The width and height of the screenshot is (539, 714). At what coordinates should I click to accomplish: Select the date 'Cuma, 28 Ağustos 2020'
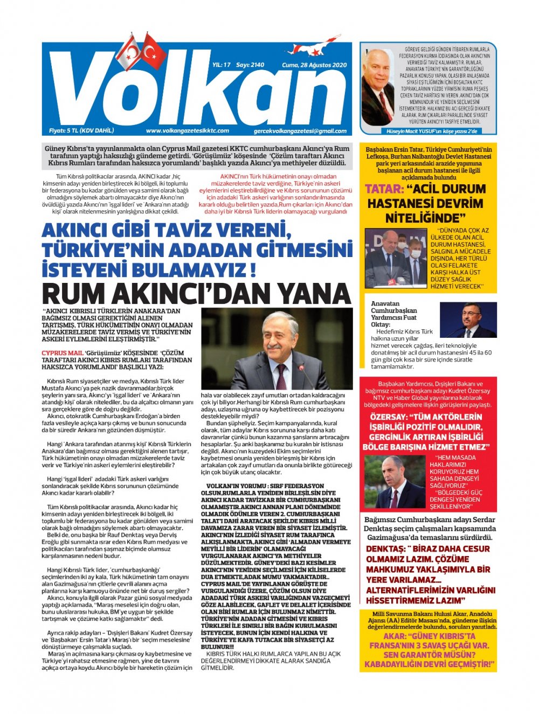click(x=314, y=65)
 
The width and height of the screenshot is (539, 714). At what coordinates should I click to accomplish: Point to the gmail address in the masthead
click(x=300, y=131)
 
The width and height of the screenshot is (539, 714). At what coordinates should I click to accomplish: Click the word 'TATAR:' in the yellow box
click(x=384, y=189)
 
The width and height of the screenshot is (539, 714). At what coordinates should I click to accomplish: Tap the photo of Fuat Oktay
click(x=467, y=320)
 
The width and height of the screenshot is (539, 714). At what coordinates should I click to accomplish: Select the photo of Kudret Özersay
click(x=394, y=482)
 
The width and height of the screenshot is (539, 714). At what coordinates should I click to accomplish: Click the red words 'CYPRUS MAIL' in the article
click(x=62, y=353)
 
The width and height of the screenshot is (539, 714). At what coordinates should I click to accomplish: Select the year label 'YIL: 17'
click(x=222, y=65)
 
